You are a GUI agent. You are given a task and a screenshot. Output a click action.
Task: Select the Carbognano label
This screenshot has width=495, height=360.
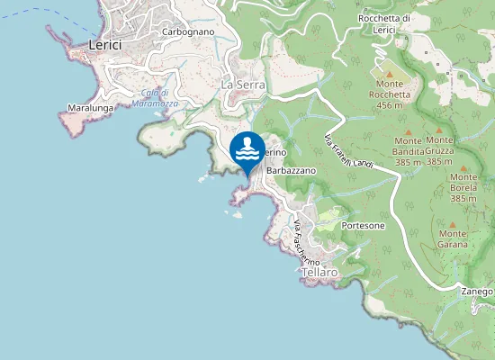(x=187, y=31)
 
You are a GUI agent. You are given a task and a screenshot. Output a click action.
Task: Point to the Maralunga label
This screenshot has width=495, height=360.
(x=89, y=108)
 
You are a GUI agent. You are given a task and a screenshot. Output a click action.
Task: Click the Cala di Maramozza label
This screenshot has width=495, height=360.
(x=159, y=98)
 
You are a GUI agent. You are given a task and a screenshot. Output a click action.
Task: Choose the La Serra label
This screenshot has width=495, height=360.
(x=241, y=84)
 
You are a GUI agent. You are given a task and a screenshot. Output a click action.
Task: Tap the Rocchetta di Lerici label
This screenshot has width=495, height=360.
(x=384, y=23)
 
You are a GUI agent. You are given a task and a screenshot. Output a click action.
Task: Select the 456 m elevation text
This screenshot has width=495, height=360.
(x=389, y=105)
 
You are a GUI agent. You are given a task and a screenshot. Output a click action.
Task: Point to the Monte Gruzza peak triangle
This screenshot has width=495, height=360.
(x=439, y=130)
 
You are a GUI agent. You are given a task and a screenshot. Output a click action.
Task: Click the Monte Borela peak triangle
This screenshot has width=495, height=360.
(x=464, y=165)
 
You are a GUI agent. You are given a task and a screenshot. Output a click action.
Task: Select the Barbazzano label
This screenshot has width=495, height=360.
(x=292, y=170)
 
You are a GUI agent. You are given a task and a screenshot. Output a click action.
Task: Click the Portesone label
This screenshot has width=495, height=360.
(x=364, y=226)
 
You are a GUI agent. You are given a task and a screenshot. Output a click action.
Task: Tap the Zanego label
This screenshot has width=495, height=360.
(x=478, y=292)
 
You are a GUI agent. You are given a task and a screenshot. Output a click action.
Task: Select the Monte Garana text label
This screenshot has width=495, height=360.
(x=453, y=238)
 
